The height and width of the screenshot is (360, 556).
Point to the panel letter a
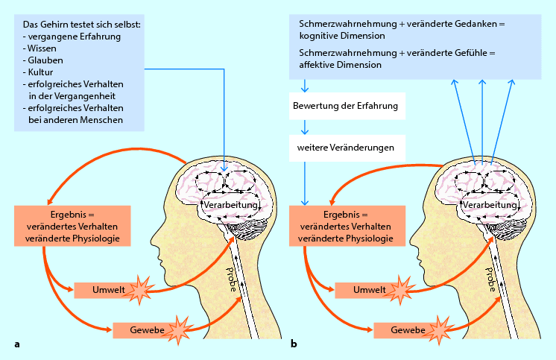click(x=16, y=344)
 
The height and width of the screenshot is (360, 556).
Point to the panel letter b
click(x=294, y=344)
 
